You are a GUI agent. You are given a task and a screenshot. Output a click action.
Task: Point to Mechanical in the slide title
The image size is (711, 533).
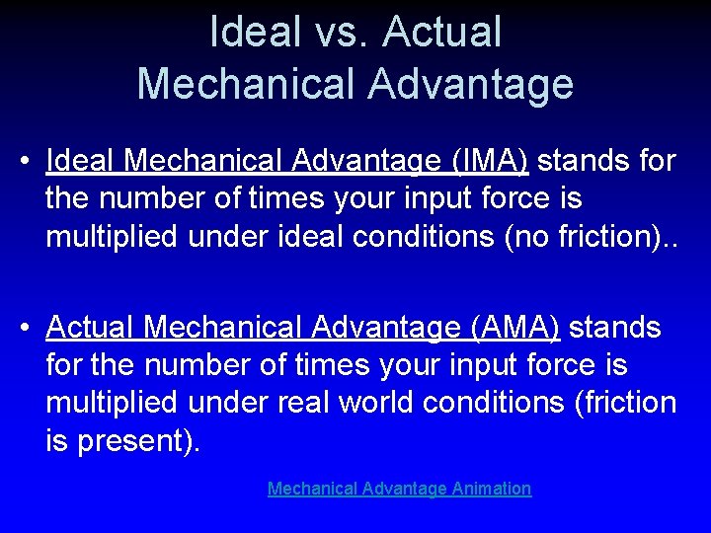(247, 84)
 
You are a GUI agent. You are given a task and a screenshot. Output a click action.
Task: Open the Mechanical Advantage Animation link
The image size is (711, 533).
(399, 489)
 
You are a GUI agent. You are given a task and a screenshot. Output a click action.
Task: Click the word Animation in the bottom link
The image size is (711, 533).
(492, 489)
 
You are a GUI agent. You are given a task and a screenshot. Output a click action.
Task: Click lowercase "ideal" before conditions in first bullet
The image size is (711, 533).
(310, 237)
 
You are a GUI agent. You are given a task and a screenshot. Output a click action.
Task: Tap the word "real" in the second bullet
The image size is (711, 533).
(302, 404)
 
